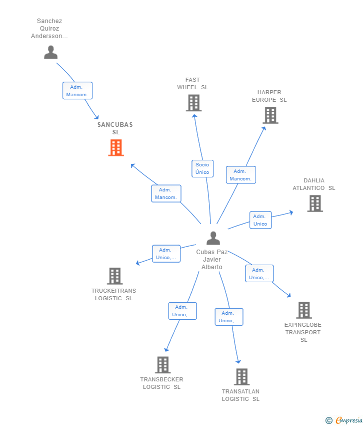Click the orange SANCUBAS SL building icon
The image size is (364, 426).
pyautogui.click(x=116, y=147)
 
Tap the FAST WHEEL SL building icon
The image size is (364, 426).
pyautogui.click(x=194, y=103)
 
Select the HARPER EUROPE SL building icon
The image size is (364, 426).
pyautogui.click(x=270, y=115)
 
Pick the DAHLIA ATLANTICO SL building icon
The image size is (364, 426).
pyautogui.click(x=315, y=203)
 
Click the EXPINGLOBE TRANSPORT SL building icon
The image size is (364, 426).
pyautogui.click(x=304, y=310)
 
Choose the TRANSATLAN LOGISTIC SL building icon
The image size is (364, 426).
pyautogui.click(x=242, y=377)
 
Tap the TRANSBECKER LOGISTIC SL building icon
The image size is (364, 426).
pyautogui.click(x=163, y=365)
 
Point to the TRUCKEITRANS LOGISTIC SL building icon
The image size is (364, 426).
pyautogui.click(x=115, y=276)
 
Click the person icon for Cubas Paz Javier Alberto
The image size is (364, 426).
pyautogui.click(x=213, y=238)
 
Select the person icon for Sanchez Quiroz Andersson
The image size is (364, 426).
pyautogui.click(x=51, y=53)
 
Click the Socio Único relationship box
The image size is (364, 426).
pyautogui.click(x=202, y=168)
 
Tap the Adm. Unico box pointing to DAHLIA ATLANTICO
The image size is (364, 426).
pyautogui.click(x=260, y=220)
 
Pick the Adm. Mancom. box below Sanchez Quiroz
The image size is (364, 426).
pyautogui.click(x=77, y=91)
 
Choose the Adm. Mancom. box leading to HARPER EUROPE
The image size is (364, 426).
pyautogui.click(x=241, y=175)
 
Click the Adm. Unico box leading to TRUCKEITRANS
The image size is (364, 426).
pyautogui.click(x=166, y=254)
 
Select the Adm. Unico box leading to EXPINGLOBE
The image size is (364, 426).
pyautogui.click(x=259, y=273)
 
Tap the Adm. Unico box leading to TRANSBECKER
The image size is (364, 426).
pyautogui.click(x=182, y=311)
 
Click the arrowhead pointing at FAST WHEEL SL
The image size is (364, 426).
pyautogui.click(x=194, y=116)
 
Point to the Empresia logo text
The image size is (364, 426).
pyautogui.click(x=349, y=420)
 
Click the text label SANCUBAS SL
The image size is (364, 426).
pyautogui.click(x=115, y=128)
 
